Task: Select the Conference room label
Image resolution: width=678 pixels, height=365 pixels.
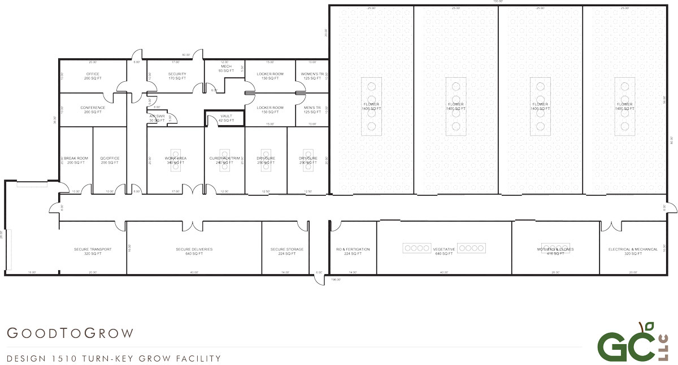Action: point(93,109)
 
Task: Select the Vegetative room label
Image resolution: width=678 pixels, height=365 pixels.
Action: point(444,249)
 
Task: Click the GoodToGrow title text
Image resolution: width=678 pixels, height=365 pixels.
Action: point(71,333)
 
